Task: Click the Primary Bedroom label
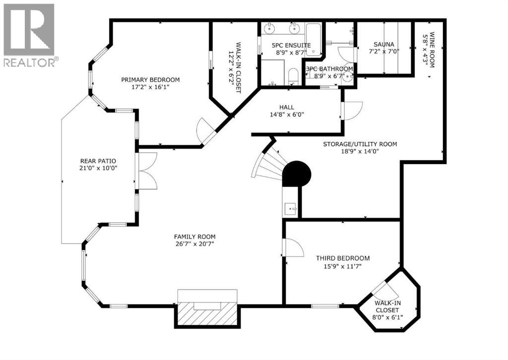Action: pyautogui.click(x=150, y=79)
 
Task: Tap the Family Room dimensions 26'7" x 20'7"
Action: pyautogui.click(x=194, y=244)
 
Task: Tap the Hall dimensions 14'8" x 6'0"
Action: pyautogui.click(x=287, y=114)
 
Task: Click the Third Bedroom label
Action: pyautogui.click(x=343, y=258)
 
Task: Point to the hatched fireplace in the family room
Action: pyautogui.click(x=207, y=314)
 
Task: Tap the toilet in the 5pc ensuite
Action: pyautogui.click(x=293, y=76)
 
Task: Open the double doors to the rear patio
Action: pyautogui.click(x=147, y=171)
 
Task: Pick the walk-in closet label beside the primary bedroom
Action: pyautogui.click(x=234, y=67)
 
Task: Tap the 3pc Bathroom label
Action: pyautogui.click(x=329, y=69)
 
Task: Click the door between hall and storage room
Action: pyautogui.click(x=351, y=110)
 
